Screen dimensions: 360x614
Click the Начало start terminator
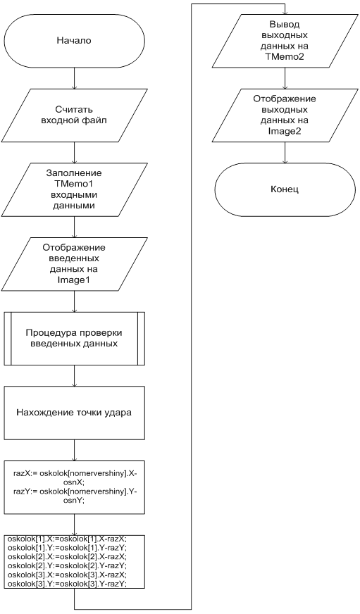[74, 40]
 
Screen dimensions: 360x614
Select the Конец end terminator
[285, 189]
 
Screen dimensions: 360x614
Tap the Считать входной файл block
[74, 115]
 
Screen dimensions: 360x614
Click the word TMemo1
[74, 184]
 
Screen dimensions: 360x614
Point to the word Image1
[74, 280]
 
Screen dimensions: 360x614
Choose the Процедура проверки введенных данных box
[74, 338]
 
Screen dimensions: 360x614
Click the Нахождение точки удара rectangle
[74, 413]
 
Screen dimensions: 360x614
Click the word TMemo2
[285, 57]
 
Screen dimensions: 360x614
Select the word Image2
[285, 131]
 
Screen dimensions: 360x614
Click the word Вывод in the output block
[285, 25]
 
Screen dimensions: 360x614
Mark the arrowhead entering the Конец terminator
[285, 161]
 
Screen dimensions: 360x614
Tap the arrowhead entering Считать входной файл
[74, 86]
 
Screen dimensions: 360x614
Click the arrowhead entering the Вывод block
[285, 12]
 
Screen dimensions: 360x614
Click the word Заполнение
[74, 173]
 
